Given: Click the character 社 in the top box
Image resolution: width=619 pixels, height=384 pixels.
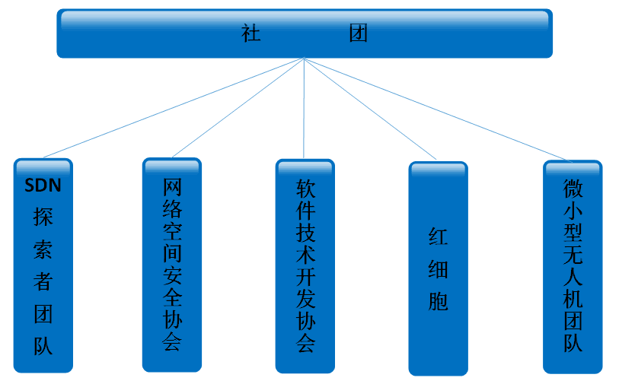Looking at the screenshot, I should tap(251, 34).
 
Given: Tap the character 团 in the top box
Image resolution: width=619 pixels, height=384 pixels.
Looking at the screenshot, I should tap(359, 34).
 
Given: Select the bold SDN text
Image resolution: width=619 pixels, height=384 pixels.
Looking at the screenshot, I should tap(43, 185).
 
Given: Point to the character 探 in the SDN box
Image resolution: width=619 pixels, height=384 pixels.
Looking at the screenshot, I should tap(43, 217).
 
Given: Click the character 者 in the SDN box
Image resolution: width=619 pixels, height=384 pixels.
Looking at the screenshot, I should tap(43, 281).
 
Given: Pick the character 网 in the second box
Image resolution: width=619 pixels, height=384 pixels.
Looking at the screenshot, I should tap(173, 187).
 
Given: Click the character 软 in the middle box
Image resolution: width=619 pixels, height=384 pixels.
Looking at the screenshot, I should tap(305, 188).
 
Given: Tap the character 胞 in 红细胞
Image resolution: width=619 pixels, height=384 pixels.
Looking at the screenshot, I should tap(438, 301).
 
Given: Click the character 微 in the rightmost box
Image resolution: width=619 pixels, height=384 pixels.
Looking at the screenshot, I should tap(573, 188).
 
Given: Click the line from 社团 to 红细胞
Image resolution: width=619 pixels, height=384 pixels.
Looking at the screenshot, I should tap(372, 109).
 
